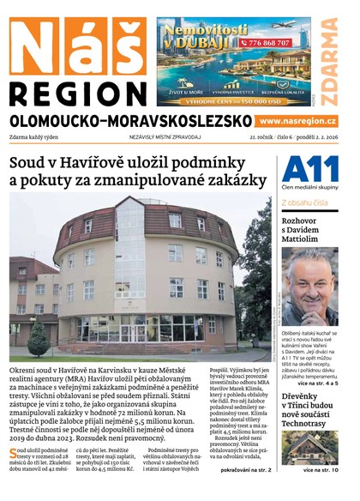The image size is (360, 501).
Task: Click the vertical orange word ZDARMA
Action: point(329,58)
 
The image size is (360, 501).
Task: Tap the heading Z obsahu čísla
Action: point(304,202)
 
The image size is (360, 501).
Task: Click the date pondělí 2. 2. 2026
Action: point(312,136)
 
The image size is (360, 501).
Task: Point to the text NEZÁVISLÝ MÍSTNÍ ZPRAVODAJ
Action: point(165,136)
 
